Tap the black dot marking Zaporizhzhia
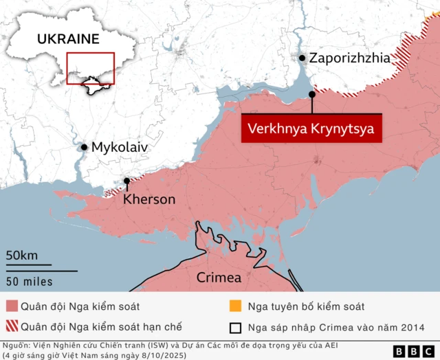coord(302,59)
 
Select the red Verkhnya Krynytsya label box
coord(311,128)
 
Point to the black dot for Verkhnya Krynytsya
coord(312,94)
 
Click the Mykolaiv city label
coord(120,147)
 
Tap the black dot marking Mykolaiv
coord(84,147)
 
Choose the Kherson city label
coord(149,199)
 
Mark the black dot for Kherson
coord(126,182)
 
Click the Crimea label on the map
coord(219,278)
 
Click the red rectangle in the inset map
coord(90,69)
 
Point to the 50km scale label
coord(22,256)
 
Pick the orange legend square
coord(234,306)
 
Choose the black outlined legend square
coord(234,326)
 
